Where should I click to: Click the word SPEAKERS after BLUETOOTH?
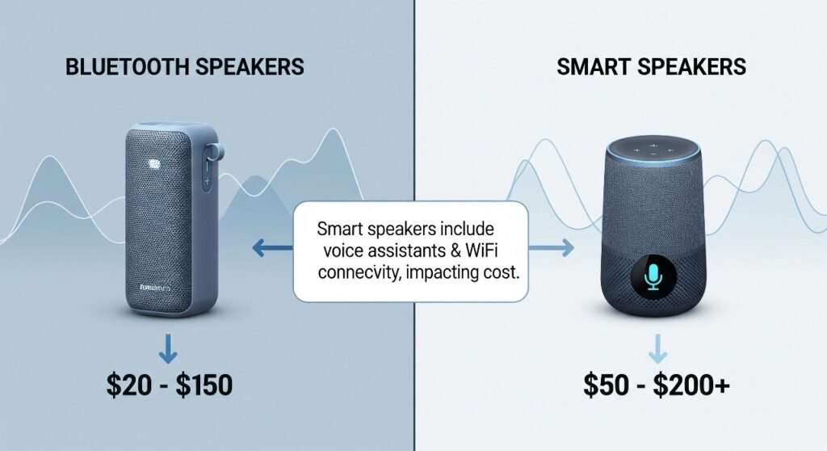pos(248,66)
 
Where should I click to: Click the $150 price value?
pos(203,385)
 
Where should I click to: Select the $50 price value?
pos(606,385)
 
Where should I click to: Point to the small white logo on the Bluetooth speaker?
pos(155,166)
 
